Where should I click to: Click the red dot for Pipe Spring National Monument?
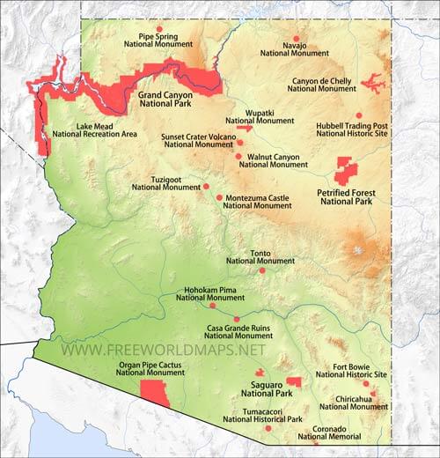159,29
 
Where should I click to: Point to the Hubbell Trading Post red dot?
358,115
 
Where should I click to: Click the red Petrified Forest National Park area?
346,169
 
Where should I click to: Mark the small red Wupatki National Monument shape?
244,129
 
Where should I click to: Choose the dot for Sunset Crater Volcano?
239,142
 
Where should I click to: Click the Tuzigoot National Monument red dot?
206,186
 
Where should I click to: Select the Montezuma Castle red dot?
219,197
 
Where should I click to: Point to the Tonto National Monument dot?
261,270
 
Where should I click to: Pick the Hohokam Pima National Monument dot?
212,306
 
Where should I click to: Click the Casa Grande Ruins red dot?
237,319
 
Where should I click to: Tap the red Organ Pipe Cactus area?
155,393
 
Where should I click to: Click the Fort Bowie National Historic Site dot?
365,383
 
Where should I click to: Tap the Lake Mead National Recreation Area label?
94,130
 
